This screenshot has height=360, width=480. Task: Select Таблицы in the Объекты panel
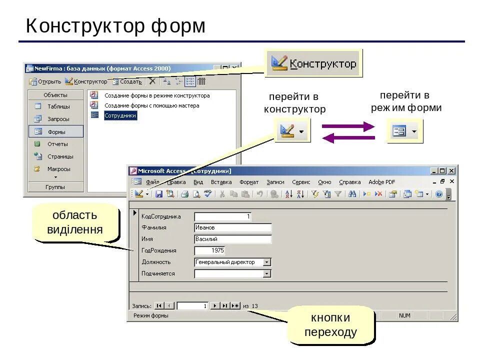(x=58, y=106)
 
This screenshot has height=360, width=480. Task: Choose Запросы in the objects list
(x=58, y=119)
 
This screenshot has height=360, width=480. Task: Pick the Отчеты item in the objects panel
(x=57, y=144)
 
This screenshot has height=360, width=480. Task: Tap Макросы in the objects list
(x=58, y=169)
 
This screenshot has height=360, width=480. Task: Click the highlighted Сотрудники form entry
(x=120, y=115)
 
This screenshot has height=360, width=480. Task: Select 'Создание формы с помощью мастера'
(x=151, y=105)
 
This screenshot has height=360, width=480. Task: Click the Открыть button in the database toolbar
(x=45, y=81)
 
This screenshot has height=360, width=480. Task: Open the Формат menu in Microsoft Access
(x=249, y=182)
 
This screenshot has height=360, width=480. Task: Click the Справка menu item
(x=349, y=182)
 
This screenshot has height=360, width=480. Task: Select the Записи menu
(x=275, y=182)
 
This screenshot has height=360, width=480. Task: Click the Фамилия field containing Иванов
(x=232, y=228)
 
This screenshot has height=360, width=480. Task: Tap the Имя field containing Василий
(x=232, y=239)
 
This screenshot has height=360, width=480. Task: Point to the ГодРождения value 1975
(x=209, y=250)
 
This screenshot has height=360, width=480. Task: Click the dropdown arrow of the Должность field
(x=267, y=262)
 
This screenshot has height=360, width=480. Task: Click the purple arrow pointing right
(x=348, y=126)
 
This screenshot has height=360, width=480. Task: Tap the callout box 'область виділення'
(x=75, y=222)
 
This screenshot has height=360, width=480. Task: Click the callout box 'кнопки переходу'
(x=330, y=325)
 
